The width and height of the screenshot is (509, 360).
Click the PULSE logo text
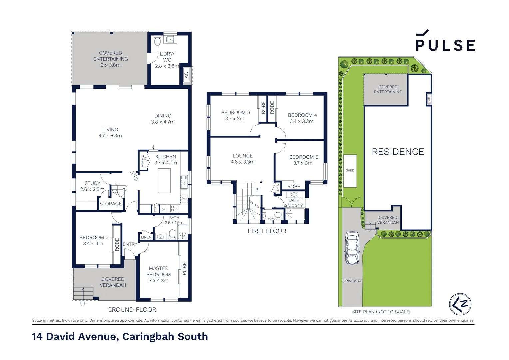click(445, 45)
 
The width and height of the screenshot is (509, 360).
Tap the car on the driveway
click(352, 248)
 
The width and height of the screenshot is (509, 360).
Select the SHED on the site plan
click(350, 171)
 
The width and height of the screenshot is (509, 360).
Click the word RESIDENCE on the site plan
click(398, 152)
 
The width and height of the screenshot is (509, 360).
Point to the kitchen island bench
click(164, 180)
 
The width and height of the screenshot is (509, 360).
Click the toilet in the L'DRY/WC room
click(157, 41)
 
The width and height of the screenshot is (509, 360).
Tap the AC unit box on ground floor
click(187, 75)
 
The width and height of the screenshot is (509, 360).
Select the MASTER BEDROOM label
click(159, 271)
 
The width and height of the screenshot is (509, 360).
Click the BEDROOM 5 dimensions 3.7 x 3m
click(303, 163)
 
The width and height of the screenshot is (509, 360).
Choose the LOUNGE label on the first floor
click(243, 156)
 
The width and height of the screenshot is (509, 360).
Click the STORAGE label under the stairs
click(111, 204)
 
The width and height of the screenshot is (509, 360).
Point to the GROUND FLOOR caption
click(132, 310)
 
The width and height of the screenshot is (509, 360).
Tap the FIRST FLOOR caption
click(267, 231)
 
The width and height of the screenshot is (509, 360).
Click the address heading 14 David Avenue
click(120, 336)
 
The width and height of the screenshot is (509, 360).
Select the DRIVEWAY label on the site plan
click(352, 281)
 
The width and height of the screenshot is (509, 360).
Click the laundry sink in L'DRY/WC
click(170, 40)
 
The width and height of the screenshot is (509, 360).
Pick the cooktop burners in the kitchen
click(174, 209)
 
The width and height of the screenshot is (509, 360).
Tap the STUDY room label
click(92, 183)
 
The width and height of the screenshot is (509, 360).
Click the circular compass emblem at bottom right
click(460, 304)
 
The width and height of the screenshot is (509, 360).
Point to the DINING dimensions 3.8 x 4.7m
click(163, 122)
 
